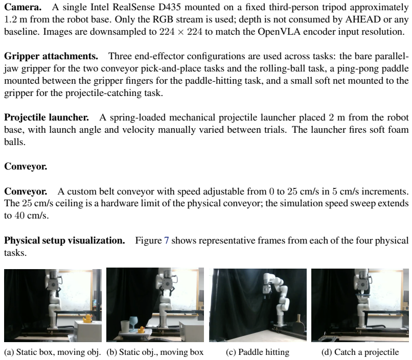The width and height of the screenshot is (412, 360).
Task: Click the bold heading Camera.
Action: click(x=23, y=7)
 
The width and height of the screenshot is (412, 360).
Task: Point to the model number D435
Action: click(x=170, y=7)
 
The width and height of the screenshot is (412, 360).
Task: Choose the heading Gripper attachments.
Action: click(x=51, y=56)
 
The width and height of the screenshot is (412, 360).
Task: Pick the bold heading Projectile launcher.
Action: click(x=46, y=117)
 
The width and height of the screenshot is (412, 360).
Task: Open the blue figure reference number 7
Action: click(x=166, y=241)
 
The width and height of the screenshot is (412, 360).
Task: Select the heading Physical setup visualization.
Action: click(x=64, y=241)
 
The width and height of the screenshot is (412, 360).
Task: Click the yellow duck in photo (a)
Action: click(x=87, y=318)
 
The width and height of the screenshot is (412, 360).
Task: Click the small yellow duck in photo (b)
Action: click(x=142, y=329)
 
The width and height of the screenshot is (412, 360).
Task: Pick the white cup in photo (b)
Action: click(x=125, y=326)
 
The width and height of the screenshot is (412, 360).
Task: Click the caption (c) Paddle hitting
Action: click(x=258, y=352)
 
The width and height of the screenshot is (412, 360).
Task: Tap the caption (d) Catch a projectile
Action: click(x=360, y=352)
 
